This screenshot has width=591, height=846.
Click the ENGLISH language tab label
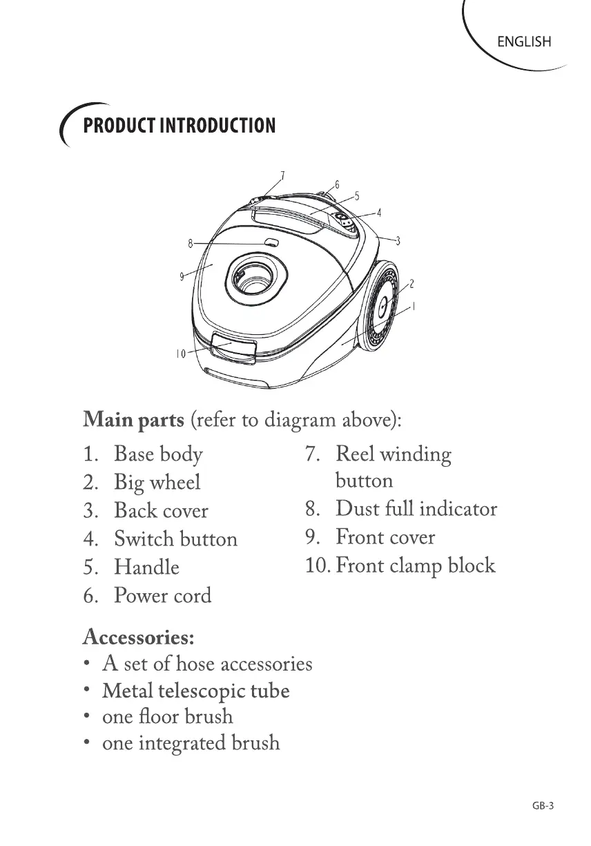(524, 41)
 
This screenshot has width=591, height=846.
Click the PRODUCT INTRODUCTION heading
(179, 126)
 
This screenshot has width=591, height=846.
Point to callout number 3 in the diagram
(398, 240)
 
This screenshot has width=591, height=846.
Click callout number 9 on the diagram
(182, 276)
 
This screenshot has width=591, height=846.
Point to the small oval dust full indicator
(271, 243)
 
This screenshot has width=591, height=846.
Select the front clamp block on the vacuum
(233, 347)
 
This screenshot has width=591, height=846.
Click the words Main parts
(133, 420)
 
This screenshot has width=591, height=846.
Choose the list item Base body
(158, 454)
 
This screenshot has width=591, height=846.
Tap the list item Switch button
(175, 539)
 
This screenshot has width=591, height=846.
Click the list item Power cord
(162, 595)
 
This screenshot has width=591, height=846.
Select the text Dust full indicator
(416, 509)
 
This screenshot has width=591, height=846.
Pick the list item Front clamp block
(415, 566)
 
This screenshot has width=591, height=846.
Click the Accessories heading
(138, 635)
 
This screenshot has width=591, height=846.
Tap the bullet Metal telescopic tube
(195, 691)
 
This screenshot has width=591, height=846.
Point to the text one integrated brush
(191, 743)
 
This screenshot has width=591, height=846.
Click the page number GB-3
(543, 806)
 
